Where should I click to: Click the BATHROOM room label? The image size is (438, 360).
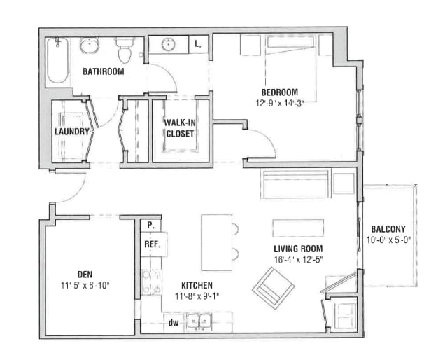[104, 71]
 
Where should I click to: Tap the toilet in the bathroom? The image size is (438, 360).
[125, 51]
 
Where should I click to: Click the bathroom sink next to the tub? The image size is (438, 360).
[89, 47]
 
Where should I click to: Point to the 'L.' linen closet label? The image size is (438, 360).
[198, 44]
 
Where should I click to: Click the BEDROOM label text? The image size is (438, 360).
[280, 92]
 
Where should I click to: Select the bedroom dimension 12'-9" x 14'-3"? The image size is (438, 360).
[280, 102]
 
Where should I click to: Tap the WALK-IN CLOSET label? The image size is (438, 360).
[180, 127]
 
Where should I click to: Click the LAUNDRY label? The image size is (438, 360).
[72, 131]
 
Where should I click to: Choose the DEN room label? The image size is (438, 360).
[86, 274]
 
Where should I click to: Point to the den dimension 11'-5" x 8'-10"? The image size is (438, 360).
[86, 284]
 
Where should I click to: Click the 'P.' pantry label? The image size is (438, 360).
[150, 226]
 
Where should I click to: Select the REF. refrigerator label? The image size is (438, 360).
[152, 244]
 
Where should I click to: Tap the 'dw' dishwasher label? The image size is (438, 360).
[173, 323]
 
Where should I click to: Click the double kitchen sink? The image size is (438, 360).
[200, 321]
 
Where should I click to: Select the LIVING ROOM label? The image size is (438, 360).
[297, 249]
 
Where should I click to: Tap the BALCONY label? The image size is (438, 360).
[388, 229]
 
